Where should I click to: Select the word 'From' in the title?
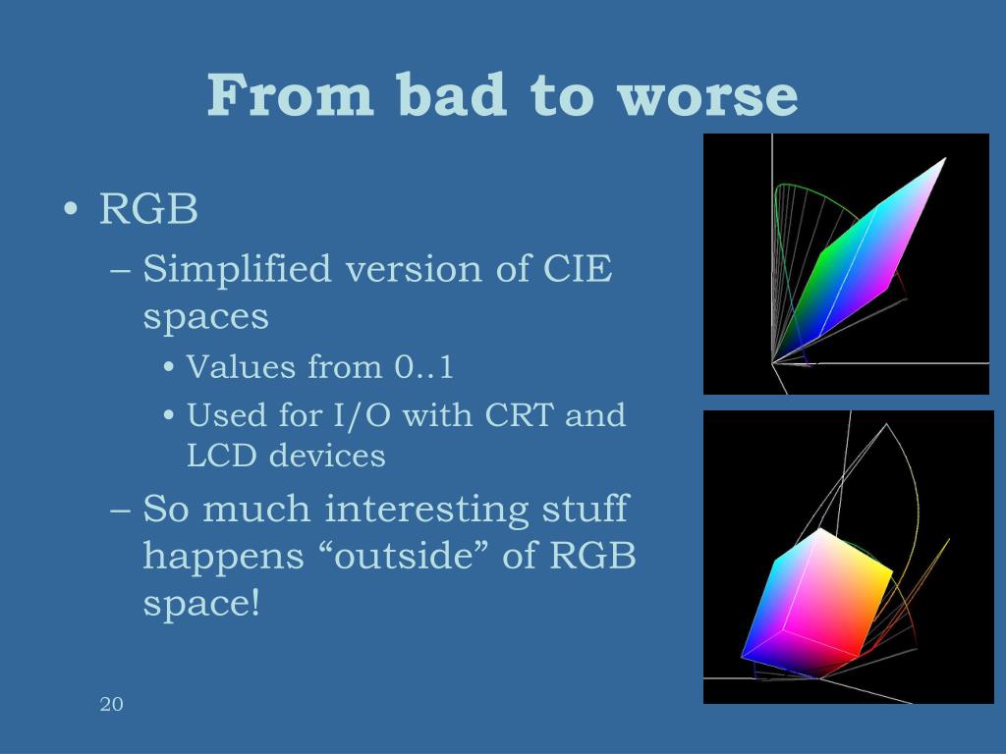pyautogui.click(x=290, y=95)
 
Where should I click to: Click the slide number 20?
pyautogui.click(x=112, y=704)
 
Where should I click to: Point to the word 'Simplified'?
pyautogui.click(x=237, y=269)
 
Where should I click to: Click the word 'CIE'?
pyautogui.click(x=578, y=269)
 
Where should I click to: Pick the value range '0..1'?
pyautogui.click(x=424, y=367)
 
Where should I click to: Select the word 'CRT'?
pyautogui.click(x=520, y=415)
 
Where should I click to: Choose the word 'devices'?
pyautogui.click(x=327, y=456)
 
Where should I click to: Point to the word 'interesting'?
pyautogui.click(x=426, y=511)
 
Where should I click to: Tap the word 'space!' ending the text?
pyautogui.click(x=201, y=604)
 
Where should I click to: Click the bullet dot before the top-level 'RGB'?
pyautogui.click(x=71, y=209)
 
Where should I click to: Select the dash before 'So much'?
pyautogui.click(x=121, y=511)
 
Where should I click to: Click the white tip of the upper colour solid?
pyautogui.click(x=944, y=160)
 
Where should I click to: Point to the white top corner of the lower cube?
pyautogui.click(x=821, y=530)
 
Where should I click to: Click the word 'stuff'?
pyautogui.click(x=585, y=510)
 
